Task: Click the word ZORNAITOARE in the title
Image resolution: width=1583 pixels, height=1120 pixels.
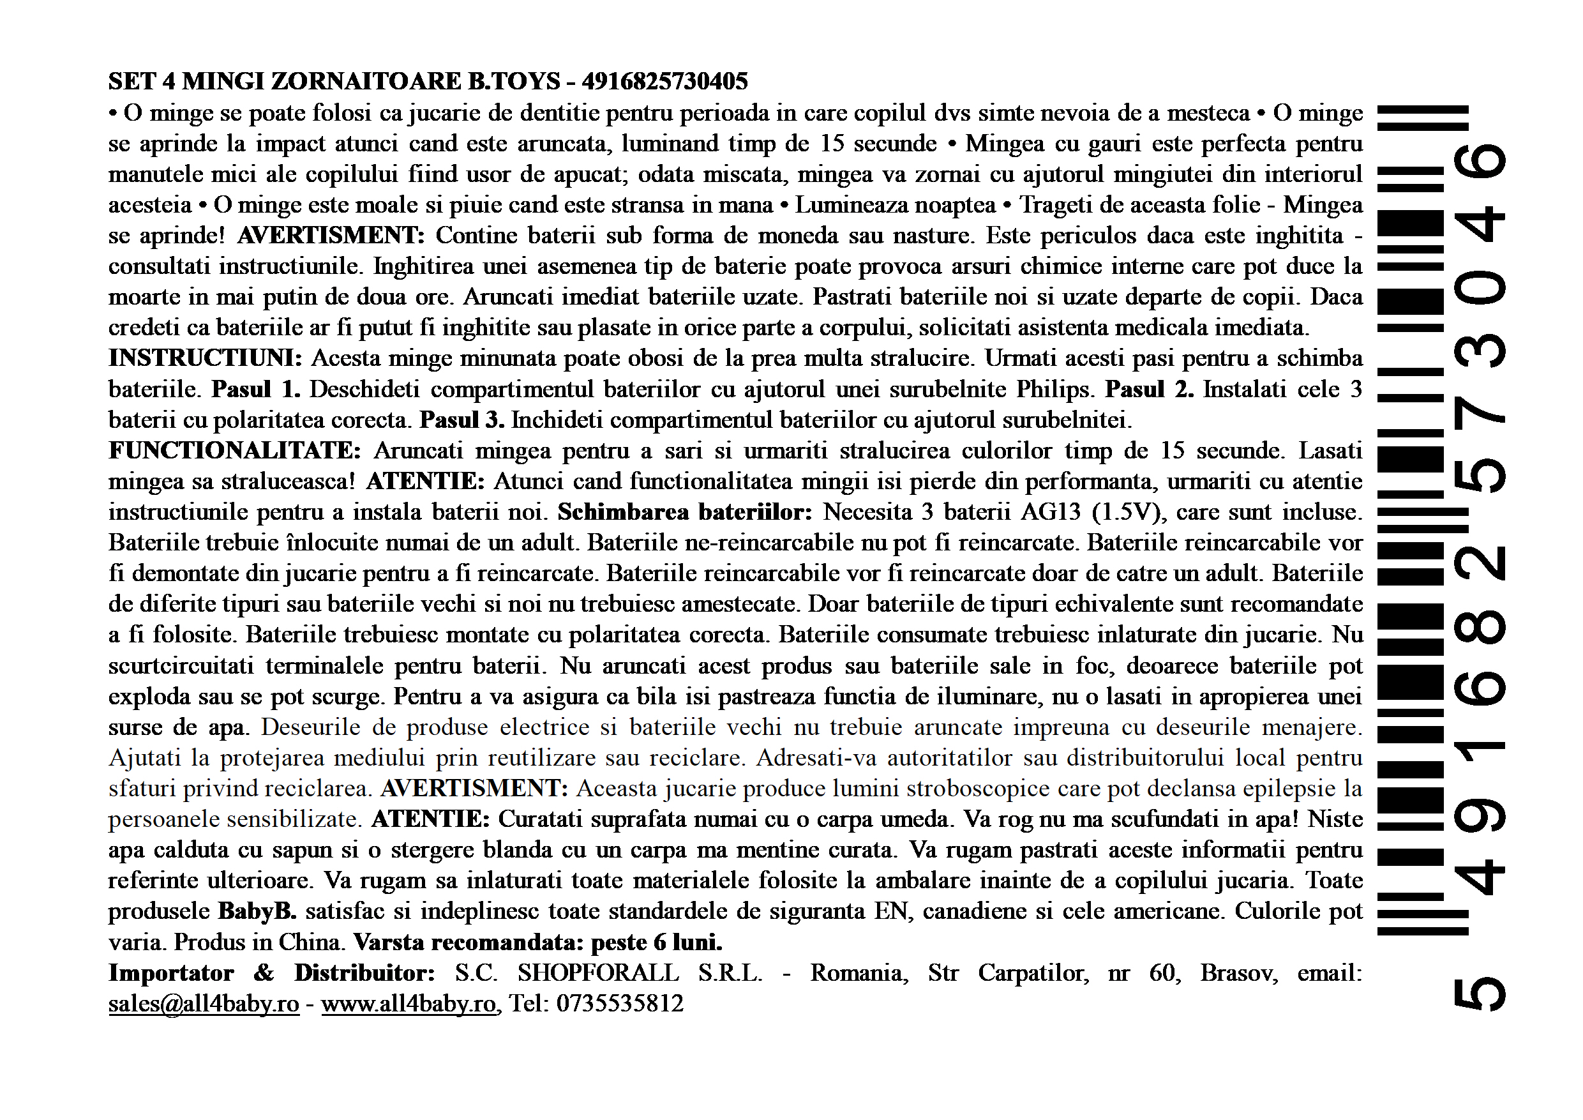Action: click(x=367, y=81)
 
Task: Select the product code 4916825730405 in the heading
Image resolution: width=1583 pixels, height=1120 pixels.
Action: click(x=664, y=81)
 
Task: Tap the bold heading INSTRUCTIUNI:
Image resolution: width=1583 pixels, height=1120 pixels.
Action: click(x=205, y=358)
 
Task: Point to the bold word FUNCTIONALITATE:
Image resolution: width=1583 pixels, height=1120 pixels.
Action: click(x=234, y=450)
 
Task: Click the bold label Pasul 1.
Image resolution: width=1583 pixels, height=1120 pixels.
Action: click(x=256, y=389)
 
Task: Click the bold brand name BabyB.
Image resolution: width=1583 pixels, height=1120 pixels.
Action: click(x=257, y=911)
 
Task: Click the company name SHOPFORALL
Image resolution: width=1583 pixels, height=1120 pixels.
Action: click(x=597, y=972)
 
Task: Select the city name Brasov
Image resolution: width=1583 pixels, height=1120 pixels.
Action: click(x=1239, y=972)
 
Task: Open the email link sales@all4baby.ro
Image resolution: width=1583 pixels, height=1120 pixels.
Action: click(x=204, y=1003)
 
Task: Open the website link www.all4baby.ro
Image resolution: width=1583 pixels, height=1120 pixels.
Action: click(x=409, y=1003)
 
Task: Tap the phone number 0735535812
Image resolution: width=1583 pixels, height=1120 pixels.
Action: click(x=620, y=1003)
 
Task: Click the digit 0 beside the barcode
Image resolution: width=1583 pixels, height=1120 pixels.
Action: click(x=1480, y=290)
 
